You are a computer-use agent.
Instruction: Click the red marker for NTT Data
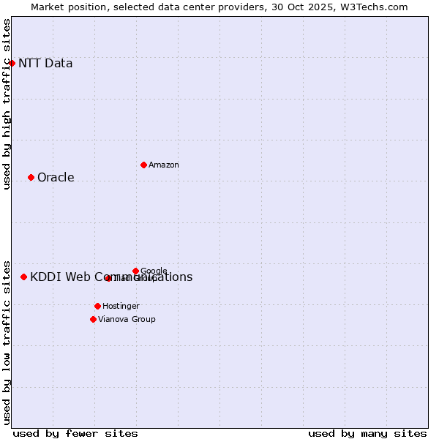pyautogui.click(x=12, y=63)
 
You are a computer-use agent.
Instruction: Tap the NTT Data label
pyautogui.click(x=45, y=63)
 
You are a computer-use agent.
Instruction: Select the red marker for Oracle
pyautogui.click(x=31, y=177)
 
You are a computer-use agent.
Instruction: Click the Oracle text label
pyautogui.click(x=56, y=178)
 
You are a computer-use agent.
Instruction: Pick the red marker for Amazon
pyautogui.click(x=143, y=165)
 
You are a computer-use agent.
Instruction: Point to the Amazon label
pyautogui.click(x=164, y=165)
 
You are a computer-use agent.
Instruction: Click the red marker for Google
pyautogui.click(x=135, y=271)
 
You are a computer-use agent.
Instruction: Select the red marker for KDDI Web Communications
pyautogui.click(x=23, y=277)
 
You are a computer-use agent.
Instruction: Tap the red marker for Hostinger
pyautogui.click(x=97, y=306)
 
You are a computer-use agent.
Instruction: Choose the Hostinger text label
pyautogui.click(x=121, y=306)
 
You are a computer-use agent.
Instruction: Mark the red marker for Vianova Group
pyautogui.click(x=93, y=319)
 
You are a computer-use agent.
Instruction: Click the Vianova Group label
pyautogui.click(x=127, y=319)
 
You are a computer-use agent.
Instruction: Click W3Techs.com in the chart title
pyautogui.click(x=378, y=7)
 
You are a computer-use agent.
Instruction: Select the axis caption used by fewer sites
pyautogui.click(x=75, y=433)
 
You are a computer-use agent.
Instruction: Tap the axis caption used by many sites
pyautogui.click(x=367, y=433)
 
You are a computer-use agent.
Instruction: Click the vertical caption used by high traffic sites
pyautogui.click(x=7, y=104)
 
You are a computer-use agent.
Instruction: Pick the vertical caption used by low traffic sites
pyautogui.click(x=7, y=342)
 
